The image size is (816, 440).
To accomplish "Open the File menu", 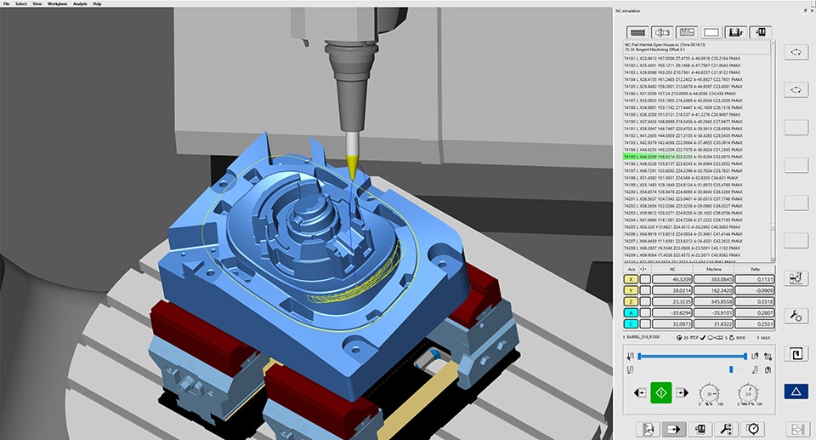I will (7, 3).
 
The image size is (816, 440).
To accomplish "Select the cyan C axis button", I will (631, 323).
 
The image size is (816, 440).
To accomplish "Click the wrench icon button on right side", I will (796, 316).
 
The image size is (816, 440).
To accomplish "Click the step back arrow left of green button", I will (638, 394).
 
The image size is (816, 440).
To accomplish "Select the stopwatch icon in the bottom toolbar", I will (752, 428).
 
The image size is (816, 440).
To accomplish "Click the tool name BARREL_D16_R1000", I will (651, 338).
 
